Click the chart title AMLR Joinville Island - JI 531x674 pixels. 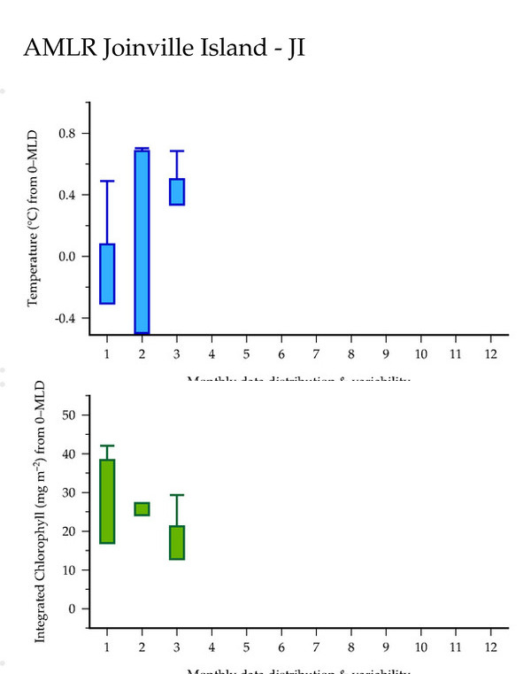click(x=164, y=48)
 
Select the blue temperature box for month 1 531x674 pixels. click(x=107, y=274)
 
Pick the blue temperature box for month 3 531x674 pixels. click(x=177, y=191)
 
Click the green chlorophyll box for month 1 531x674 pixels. click(x=107, y=500)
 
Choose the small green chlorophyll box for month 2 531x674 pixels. click(x=142, y=508)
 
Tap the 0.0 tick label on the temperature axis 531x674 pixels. click(x=67, y=257)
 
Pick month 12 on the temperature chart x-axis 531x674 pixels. click(x=490, y=354)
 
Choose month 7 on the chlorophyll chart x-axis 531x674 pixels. click(x=316, y=647)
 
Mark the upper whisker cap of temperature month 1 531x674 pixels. click(x=107, y=181)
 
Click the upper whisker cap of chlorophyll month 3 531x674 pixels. click(x=177, y=495)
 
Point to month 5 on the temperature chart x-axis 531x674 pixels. click(x=246, y=354)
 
